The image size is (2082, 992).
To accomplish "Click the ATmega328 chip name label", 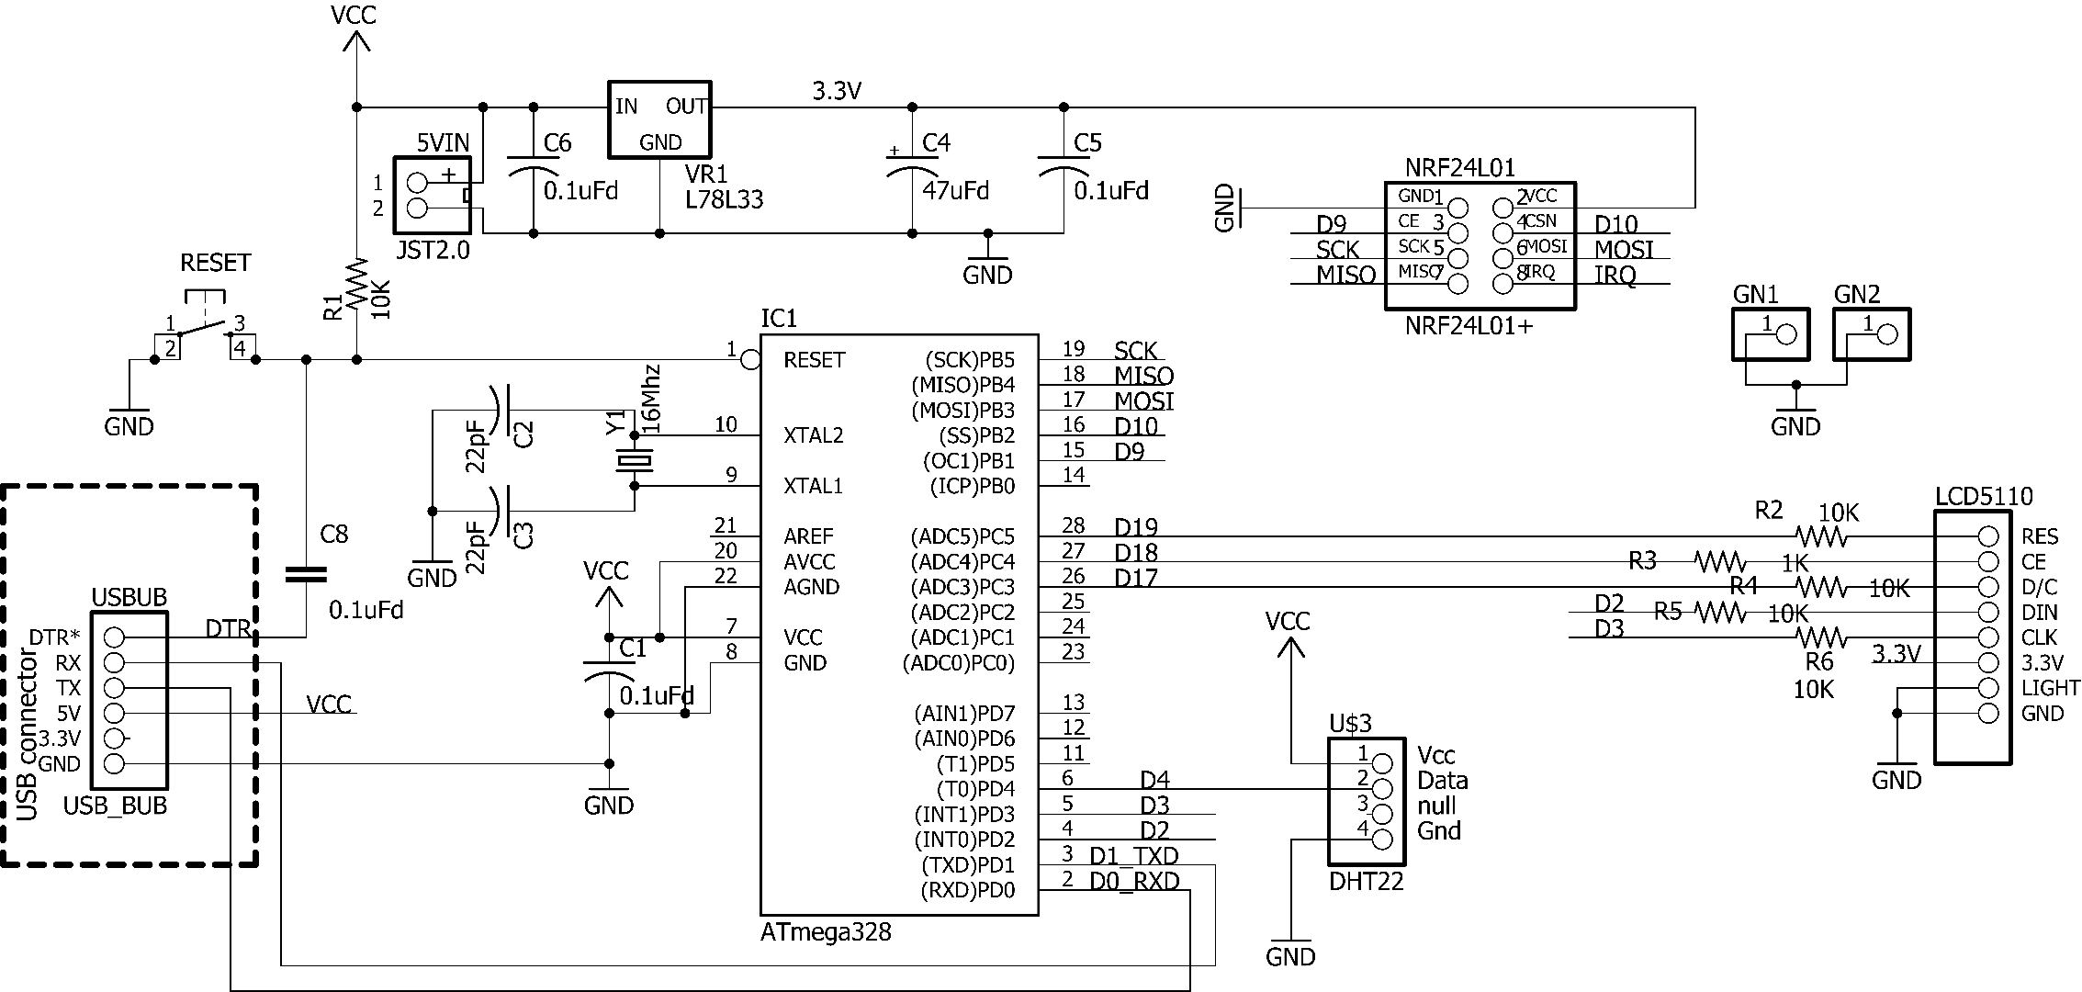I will [826, 932].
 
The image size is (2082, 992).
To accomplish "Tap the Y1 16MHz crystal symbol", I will [634, 459].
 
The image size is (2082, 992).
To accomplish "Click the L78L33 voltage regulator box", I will [659, 119].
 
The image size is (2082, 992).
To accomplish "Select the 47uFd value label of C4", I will [955, 191].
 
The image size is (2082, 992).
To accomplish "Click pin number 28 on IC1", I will [1073, 525].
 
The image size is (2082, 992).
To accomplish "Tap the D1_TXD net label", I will [1134, 855].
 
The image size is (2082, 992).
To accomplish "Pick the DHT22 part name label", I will [1366, 882].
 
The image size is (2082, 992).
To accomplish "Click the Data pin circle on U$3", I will [1381, 788].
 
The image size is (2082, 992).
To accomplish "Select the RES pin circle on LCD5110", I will [1988, 536].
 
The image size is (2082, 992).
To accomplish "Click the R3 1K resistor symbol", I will [1719, 560].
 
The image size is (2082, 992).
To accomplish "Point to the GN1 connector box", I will [1771, 334].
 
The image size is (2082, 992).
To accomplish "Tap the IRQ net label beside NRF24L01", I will [1615, 275].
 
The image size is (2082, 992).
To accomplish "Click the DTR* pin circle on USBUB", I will [114, 637].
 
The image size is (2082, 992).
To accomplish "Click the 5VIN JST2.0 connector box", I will [432, 195].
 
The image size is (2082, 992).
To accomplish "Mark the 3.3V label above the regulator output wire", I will [837, 91].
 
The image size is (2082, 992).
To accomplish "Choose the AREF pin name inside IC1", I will [808, 535].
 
